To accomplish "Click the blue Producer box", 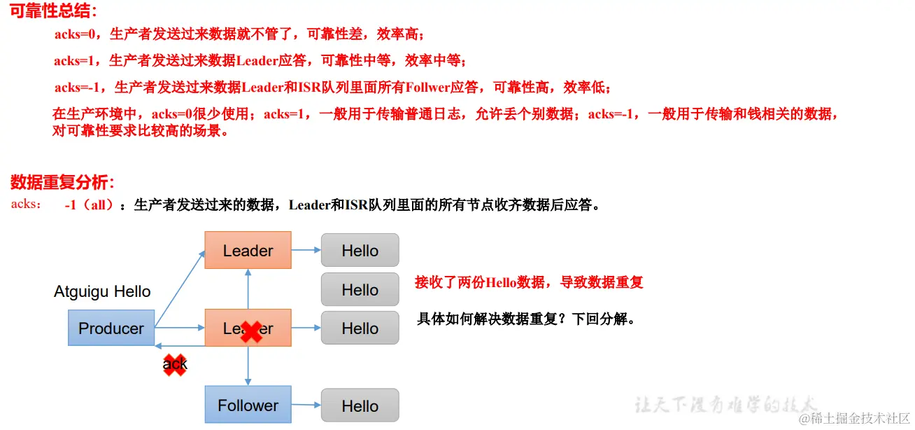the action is [111, 328].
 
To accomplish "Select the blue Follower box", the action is [248, 405].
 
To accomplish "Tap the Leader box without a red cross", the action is [248, 250].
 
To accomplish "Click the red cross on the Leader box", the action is [252, 332].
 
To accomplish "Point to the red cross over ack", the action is [175, 364].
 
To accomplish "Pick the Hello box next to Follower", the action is [360, 405].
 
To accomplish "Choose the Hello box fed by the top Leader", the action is [360, 251].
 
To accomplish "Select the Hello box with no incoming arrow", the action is [360, 289].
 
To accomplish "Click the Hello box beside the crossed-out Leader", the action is [360, 328].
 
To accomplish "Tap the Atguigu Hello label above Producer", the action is [102, 292].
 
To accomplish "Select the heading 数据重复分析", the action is [62, 183].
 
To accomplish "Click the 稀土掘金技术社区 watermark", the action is [854, 419].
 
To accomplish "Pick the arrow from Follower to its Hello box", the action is [306, 404].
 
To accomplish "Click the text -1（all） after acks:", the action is [89, 205].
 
